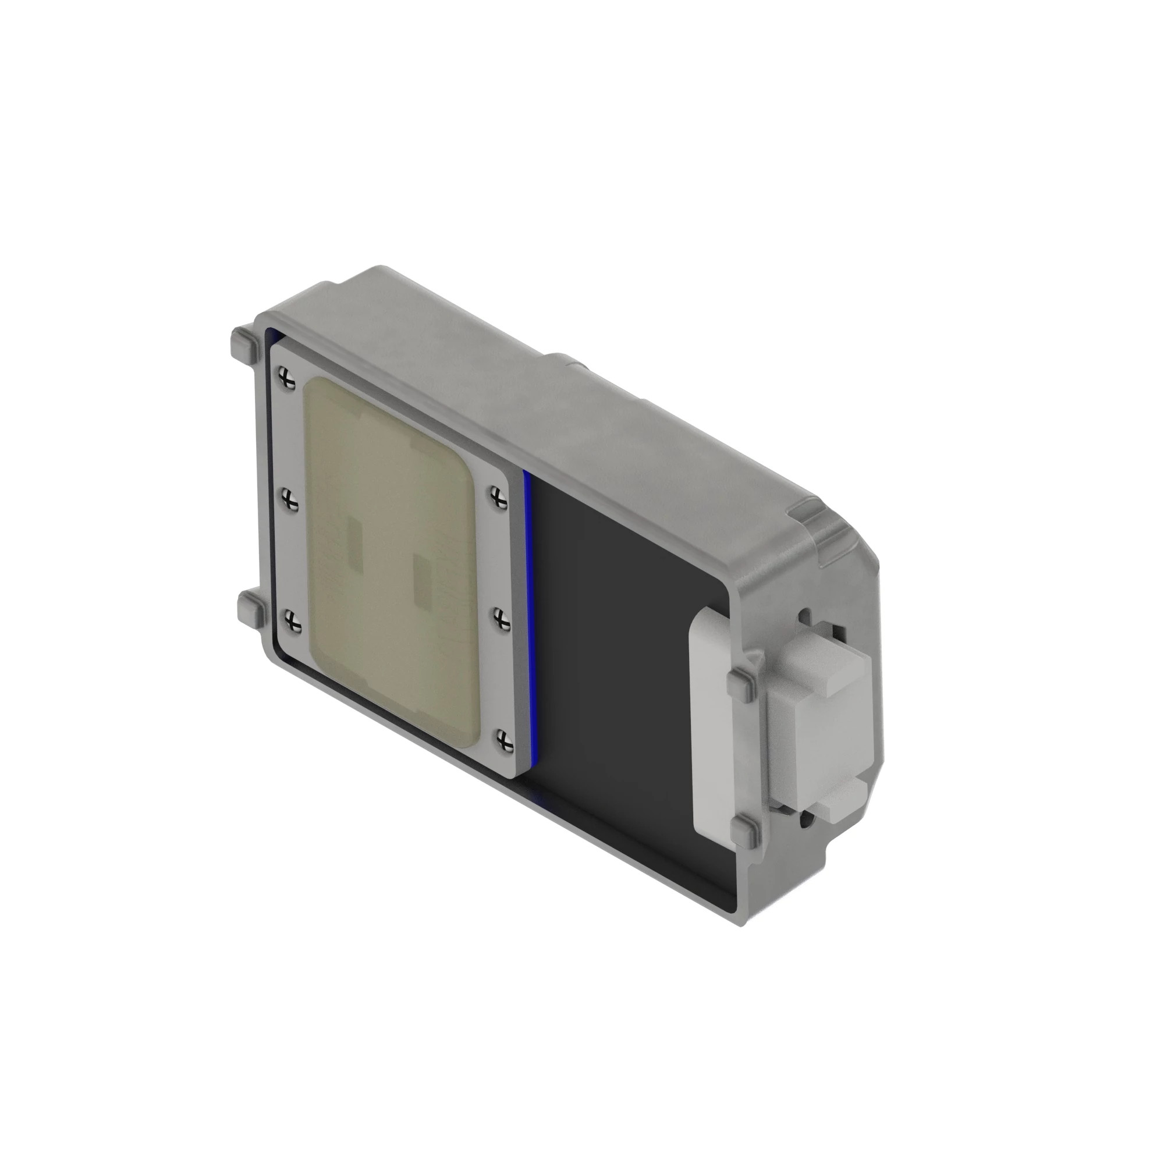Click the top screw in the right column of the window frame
point(498,497)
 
